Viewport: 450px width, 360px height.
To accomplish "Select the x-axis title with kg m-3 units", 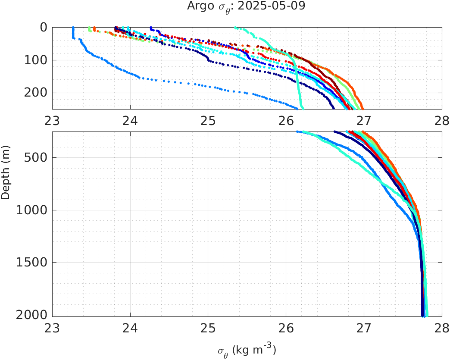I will (x=247, y=350).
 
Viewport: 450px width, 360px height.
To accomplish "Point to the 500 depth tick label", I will (x=35, y=157).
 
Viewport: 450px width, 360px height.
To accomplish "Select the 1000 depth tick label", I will (x=31, y=210).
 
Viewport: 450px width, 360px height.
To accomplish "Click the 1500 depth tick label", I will (x=31, y=263).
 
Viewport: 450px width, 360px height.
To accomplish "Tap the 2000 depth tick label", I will (x=31, y=315).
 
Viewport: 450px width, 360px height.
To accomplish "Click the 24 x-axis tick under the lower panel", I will (x=130, y=327).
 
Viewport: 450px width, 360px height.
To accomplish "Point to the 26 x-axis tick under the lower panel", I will (x=286, y=327).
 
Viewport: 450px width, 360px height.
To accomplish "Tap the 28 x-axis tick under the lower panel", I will (x=442, y=327).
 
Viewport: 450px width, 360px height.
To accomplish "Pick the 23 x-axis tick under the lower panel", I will (x=52, y=327).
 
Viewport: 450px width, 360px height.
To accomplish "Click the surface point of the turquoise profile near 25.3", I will (x=235, y=28).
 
